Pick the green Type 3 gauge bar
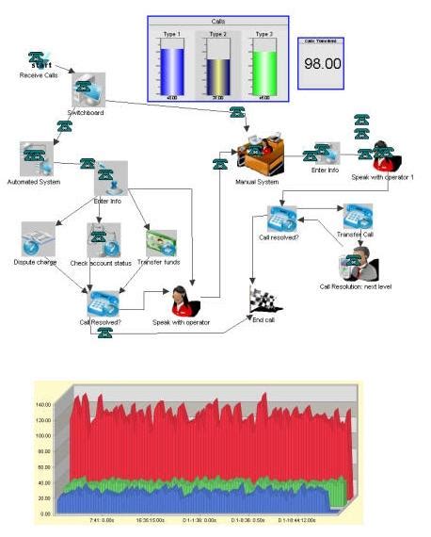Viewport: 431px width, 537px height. pos(264,72)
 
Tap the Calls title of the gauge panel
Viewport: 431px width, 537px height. pos(218,21)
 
